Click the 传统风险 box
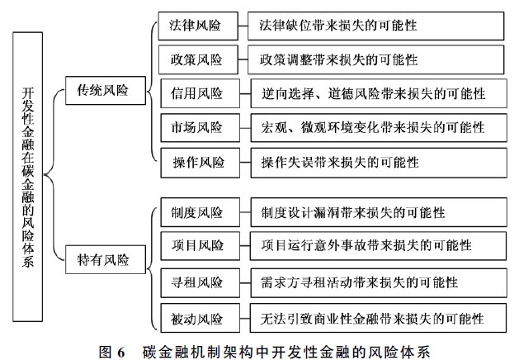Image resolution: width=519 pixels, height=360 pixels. (x=106, y=91)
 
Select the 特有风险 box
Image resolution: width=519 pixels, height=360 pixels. (x=106, y=259)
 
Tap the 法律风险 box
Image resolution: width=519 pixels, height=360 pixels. (x=198, y=26)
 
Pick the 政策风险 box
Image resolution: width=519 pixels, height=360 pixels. (x=198, y=59)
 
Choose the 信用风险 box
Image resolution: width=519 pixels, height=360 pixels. (x=201, y=93)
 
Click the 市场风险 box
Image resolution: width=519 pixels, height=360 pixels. (x=201, y=127)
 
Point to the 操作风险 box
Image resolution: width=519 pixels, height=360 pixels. (x=201, y=163)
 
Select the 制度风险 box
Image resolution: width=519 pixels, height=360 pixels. (x=201, y=212)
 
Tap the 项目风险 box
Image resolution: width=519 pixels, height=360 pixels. (x=201, y=246)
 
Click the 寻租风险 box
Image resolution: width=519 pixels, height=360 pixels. (x=201, y=283)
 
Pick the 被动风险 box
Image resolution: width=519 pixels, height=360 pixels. (x=201, y=318)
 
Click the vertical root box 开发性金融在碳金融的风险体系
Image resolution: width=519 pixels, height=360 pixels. (x=28, y=177)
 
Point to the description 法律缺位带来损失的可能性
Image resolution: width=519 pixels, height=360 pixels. (x=375, y=26)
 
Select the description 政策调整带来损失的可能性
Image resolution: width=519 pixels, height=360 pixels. (x=375, y=59)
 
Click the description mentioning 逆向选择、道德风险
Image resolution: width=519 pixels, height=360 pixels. (x=379, y=93)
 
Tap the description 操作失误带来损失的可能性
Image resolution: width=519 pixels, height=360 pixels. (x=379, y=163)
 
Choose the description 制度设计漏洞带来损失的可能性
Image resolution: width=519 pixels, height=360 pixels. (x=379, y=212)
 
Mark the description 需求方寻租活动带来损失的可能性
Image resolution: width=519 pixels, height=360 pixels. (x=379, y=283)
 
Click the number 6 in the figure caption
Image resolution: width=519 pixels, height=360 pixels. (x=120, y=352)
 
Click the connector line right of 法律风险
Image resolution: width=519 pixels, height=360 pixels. (x=243, y=26)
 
